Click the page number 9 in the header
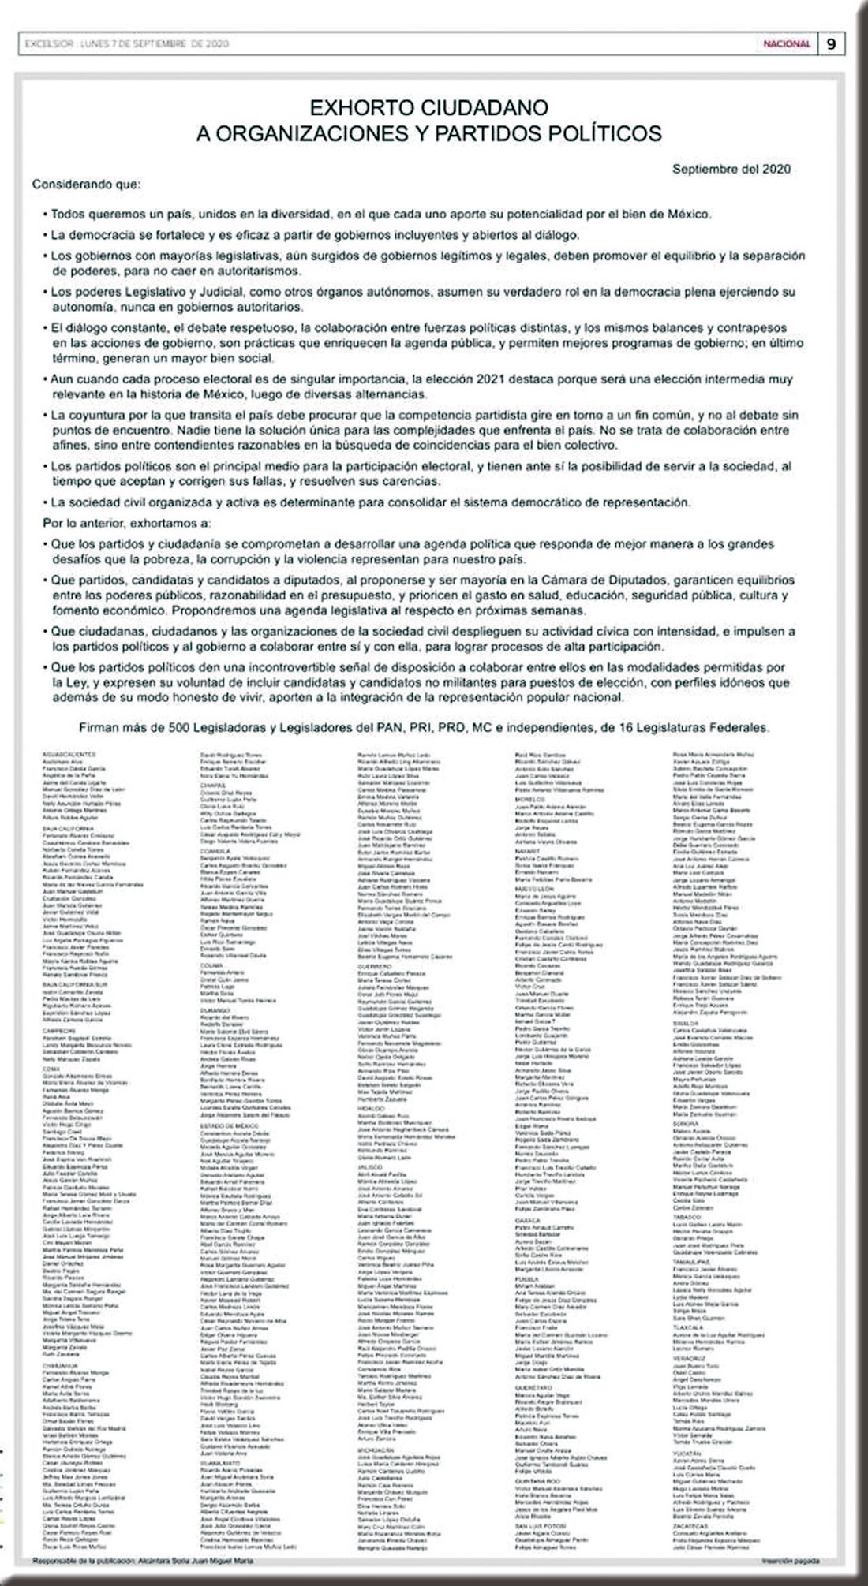tap(831, 44)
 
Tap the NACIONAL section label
tap(786, 44)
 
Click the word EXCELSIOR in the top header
tap(43, 44)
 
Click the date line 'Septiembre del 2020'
tap(731, 169)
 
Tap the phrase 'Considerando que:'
tap(86, 185)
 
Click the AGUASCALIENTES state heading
tap(70, 755)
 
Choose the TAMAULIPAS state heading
tap(690, 1262)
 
